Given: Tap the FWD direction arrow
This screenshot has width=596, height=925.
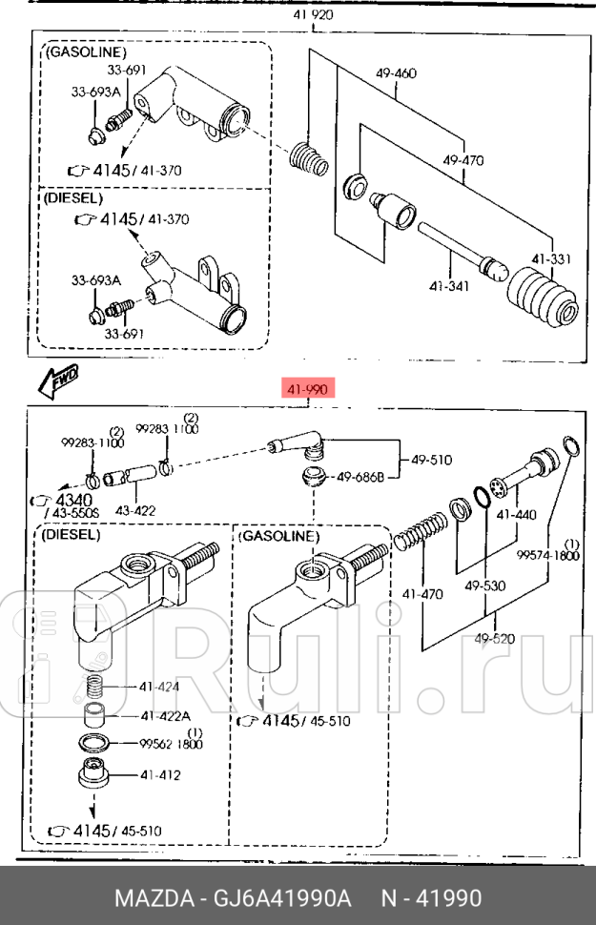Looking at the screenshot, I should (58, 380).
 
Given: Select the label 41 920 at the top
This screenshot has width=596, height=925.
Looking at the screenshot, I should (312, 16).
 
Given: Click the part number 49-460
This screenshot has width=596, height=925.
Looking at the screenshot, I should (396, 72).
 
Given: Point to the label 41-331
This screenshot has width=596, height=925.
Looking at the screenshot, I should (551, 257).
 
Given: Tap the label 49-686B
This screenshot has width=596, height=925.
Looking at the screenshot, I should (360, 477).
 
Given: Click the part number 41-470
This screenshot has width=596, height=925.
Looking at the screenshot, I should (421, 594).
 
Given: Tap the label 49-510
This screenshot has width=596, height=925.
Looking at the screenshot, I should (432, 460).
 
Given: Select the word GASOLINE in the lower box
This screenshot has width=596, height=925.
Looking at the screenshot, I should (277, 537).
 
